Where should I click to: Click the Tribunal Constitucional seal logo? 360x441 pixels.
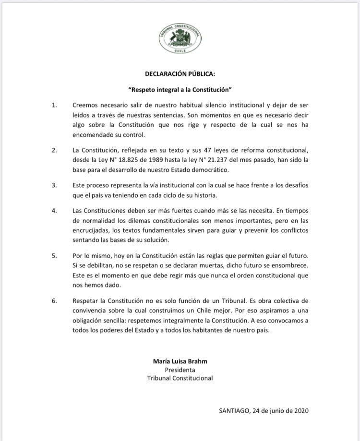click(180, 38)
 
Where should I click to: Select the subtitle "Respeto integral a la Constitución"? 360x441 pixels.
click(180, 90)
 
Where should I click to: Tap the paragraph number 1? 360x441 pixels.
click(54, 105)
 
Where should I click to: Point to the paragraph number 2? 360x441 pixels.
click(54, 150)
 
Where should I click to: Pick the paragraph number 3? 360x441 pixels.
click(54, 185)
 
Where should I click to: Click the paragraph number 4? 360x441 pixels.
click(54, 210)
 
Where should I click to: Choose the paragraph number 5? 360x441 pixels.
click(54, 255)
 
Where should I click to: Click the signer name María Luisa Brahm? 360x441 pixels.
click(180, 361)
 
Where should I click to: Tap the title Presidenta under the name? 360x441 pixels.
click(180, 370)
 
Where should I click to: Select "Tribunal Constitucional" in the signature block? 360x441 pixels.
click(180, 379)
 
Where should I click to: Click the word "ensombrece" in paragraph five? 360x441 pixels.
click(289, 266)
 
